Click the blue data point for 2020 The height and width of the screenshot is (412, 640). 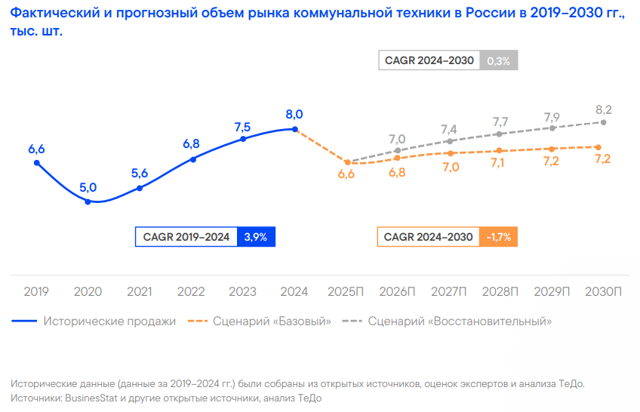(x=88, y=201)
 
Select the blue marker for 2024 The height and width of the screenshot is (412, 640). (x=294, y=129)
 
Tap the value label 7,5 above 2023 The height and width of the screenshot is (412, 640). (x=243, y=126)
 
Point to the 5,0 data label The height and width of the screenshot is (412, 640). (x=88, y=187)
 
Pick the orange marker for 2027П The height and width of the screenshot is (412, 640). (x=450, y=153)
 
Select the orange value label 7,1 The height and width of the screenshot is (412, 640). (x=501, y=163)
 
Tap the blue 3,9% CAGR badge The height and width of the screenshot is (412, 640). (x=257, y=237)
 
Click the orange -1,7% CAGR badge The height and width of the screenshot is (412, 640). (x=499, y=237)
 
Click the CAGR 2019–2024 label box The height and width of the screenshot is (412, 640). (x=186, y=237)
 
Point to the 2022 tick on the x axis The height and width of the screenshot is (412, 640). (x=191, y=291)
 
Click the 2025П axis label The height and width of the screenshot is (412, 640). (x=346, y=291)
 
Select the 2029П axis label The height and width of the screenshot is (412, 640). (x=552, y=291)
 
